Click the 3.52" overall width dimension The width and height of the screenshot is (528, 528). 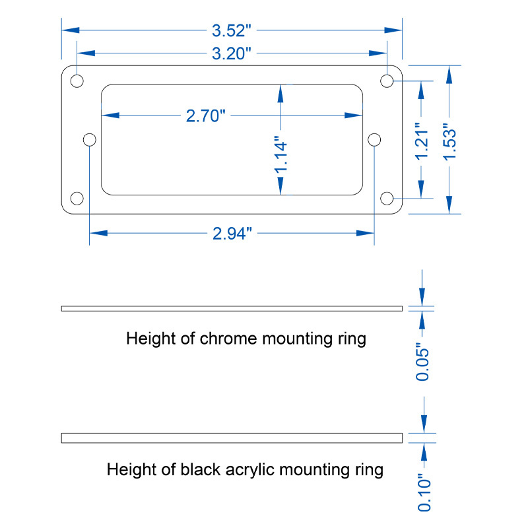click(232, 30)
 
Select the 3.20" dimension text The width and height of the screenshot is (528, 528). click(232, 53)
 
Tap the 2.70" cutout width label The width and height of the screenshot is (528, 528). click(205, 116)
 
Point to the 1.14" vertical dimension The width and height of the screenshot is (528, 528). click(280, 155)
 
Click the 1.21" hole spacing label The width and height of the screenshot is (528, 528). click(421, 141)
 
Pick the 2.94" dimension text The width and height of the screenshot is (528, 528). click(232, 234)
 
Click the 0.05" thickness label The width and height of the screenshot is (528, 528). click(422, 362)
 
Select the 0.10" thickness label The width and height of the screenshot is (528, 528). click(424, 492)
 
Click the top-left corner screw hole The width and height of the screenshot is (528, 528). click(77, 81)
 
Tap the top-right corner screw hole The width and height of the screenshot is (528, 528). click(387, 81)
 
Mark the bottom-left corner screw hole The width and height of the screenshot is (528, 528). click(77, 199)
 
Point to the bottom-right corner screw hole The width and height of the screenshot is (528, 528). click(387, 199)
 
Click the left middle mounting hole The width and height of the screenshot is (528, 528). click(90, 139)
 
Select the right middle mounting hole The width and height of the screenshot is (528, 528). click(374, 139)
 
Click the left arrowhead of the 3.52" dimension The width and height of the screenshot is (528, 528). click(71, 30)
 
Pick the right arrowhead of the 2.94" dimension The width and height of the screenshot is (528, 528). click(365, 233)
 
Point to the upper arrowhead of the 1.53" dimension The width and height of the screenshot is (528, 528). click(449, 75)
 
